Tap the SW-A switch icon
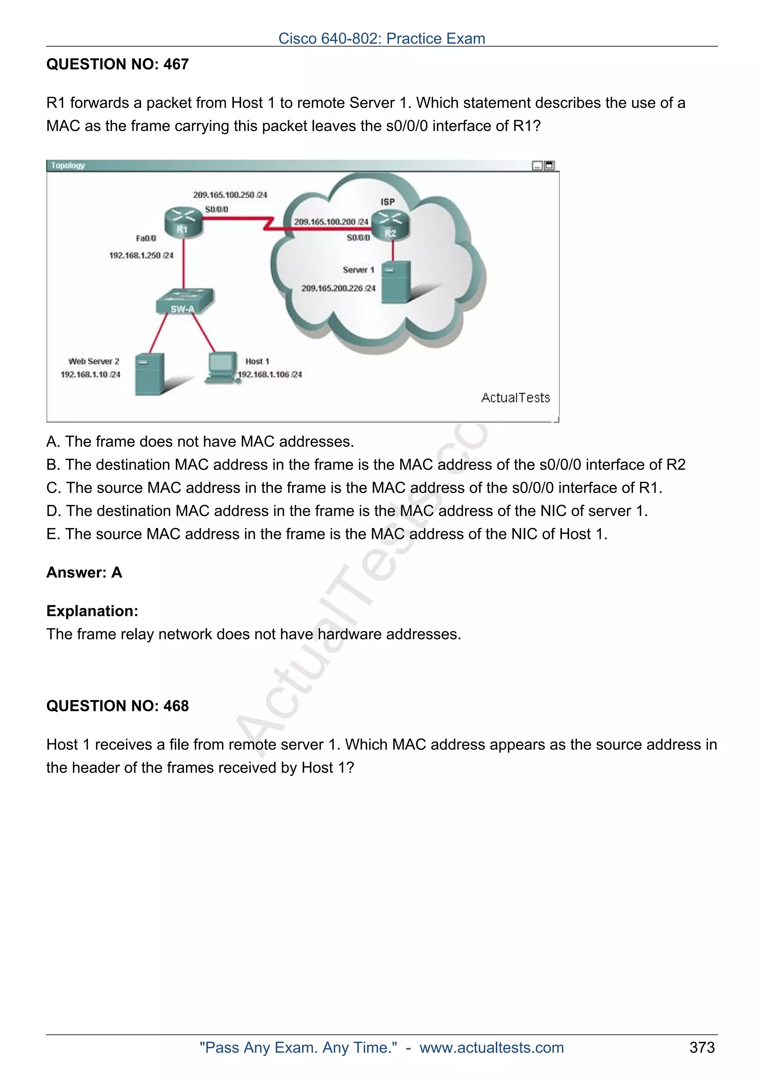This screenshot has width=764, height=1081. click(x=185, y=301)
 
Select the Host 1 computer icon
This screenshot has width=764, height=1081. click(x=222, y=368)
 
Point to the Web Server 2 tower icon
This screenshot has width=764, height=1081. click(x=150, y=374)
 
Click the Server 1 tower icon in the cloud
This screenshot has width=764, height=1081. click(x=395, y=282)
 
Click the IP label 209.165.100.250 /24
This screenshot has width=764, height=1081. click(x=230, y=195)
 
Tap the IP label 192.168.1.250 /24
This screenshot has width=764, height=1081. click(x=141, y=255)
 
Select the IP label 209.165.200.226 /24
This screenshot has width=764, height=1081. click(x=338, y=288)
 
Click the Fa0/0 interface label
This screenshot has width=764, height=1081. click(x=146, y=238)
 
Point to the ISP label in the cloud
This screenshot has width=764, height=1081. click(x=388, y=202)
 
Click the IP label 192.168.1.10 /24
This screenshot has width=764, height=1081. click(x=90, y=375)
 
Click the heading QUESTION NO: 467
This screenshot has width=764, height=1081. click(x=117, y=64)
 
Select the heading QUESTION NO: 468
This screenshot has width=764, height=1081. click(x=117, y=706)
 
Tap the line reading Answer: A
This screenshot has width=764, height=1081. click(x=84, y=573)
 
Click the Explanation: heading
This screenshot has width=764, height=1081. click(x=92, y=611)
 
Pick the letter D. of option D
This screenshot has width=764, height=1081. click(x=54, y=511)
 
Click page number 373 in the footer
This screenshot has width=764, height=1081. click(x=702, y=1047)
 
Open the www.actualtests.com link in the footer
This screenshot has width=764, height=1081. click(x=491, y=1047)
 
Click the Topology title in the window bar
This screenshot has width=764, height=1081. click(x=68, y=166)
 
